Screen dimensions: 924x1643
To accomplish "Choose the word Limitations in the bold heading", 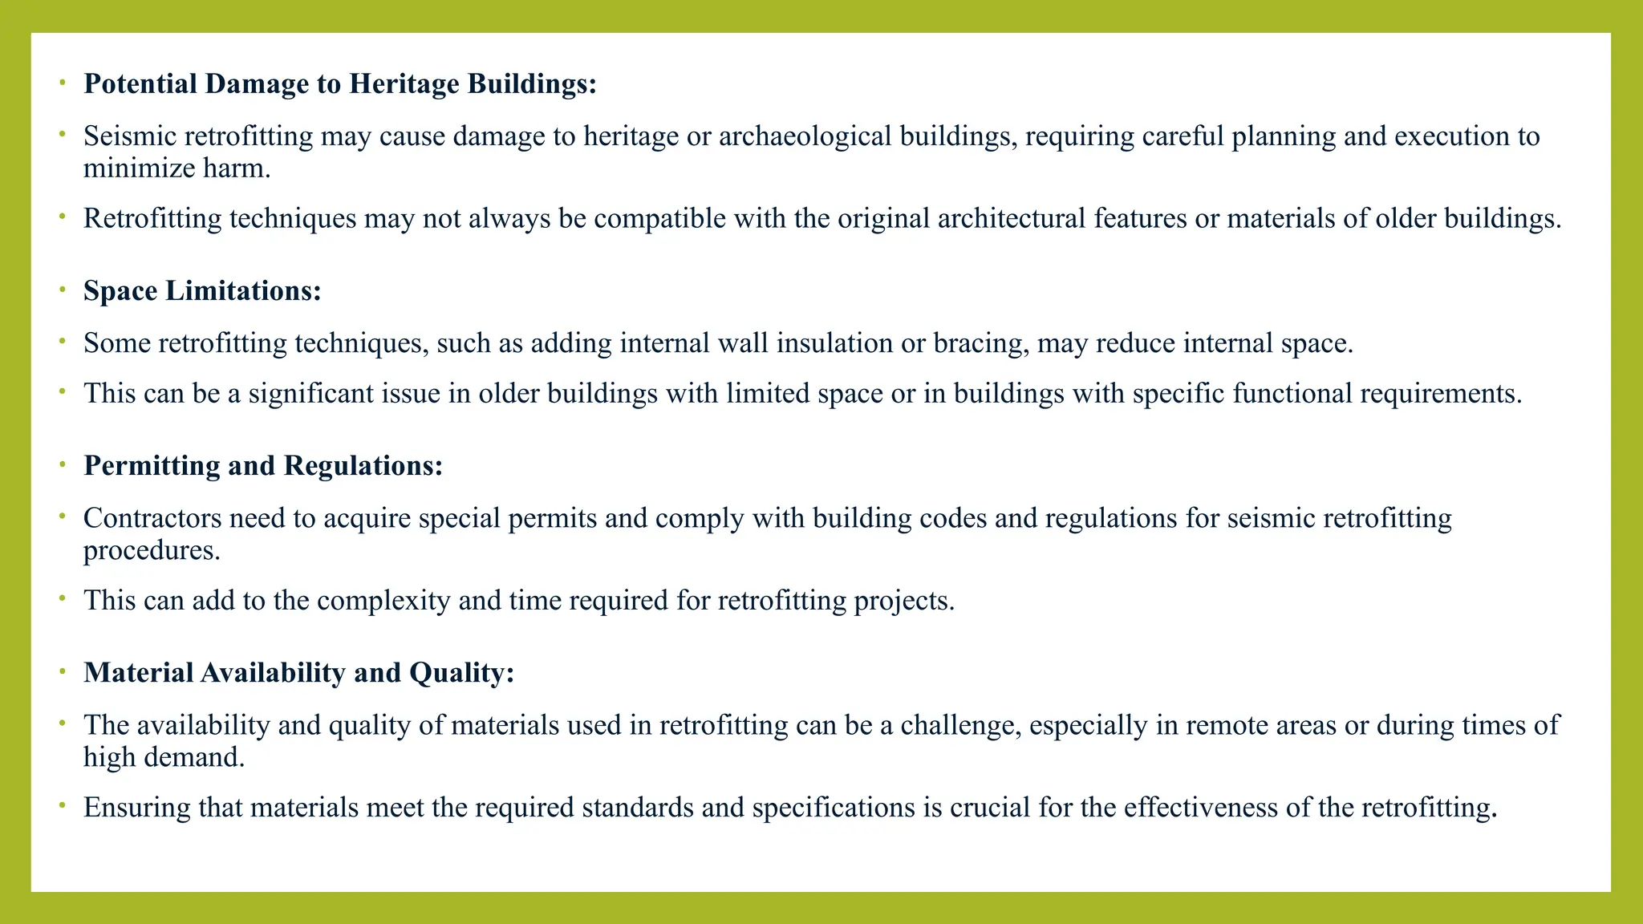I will (243, 291).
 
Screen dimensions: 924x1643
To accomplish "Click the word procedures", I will (152, 551).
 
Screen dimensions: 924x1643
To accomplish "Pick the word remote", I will (1229, 725).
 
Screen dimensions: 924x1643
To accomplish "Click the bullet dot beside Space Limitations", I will (62, 290).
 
